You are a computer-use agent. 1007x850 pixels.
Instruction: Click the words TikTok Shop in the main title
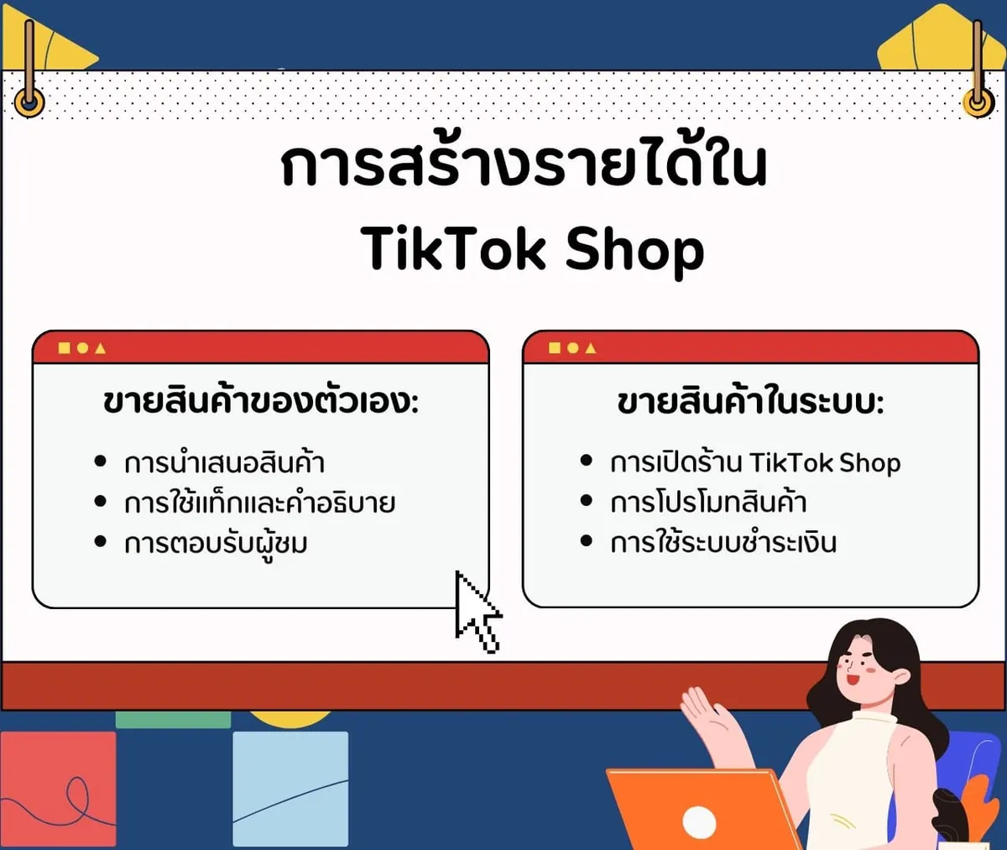pyautogui.click(x=532, y=251)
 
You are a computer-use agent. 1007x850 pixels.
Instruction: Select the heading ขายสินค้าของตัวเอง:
pyautogui.click(x=261, y=402)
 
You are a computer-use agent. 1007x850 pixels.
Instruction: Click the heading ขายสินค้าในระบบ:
pyautogui.click(x=750, y=402)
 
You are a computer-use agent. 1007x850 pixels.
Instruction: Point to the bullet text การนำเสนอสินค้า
pyautogui.click(x=224, y=462)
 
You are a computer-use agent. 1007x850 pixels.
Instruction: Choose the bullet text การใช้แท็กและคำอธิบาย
pyautogui.click(x=259, y=502)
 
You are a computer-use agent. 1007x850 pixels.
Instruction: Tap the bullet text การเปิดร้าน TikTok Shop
pyautogui.click(x=755, y=462)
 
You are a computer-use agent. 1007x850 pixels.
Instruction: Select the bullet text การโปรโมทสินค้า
pyautogui.click(x=708, y=502)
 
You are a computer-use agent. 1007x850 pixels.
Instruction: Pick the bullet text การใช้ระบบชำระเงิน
pyautogui.click(x=723, y=542)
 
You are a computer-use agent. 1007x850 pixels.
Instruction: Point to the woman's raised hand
pyautogui.click(x=708, y=713)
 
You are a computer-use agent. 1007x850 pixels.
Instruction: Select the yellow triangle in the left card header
pyautogui.click(x=101, y=348)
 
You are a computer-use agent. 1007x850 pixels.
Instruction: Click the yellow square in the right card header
pyautogui.click(x=555, y=348)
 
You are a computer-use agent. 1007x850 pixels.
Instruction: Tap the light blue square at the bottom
pyautogui.click(x=290, y=789)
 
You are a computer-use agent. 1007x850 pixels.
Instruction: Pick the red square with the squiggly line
pyautogui.click(x=58, y=789)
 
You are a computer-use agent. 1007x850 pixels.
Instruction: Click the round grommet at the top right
pyautogui.click(x=978, y=103)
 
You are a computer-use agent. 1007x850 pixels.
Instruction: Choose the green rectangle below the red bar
pyautogui.click(x=173, y=719)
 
